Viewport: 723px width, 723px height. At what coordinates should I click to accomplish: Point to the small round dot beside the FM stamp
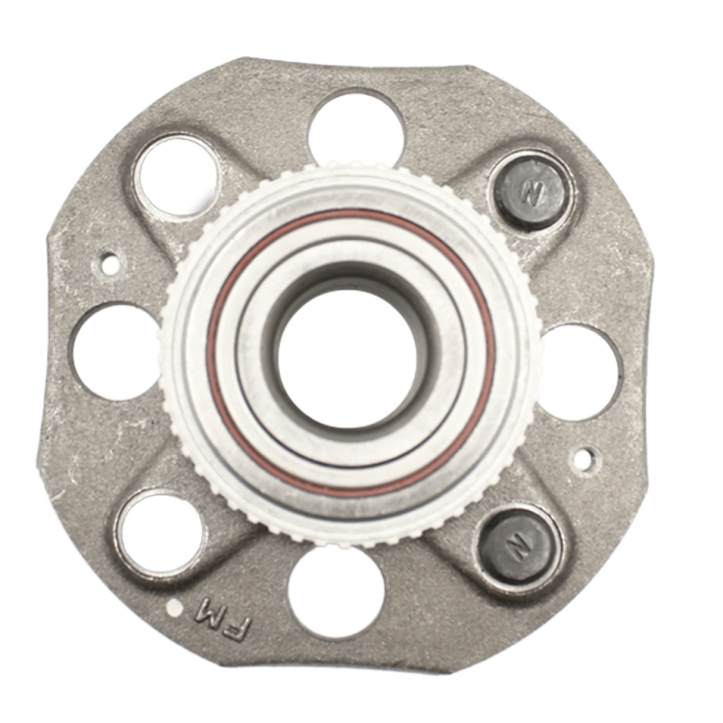(174, 608)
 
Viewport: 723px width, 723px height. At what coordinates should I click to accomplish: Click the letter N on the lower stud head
(519, 547)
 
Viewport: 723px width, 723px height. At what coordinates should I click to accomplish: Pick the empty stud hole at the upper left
(178, 175)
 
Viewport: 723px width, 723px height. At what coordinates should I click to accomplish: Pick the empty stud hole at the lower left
(160, 534)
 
